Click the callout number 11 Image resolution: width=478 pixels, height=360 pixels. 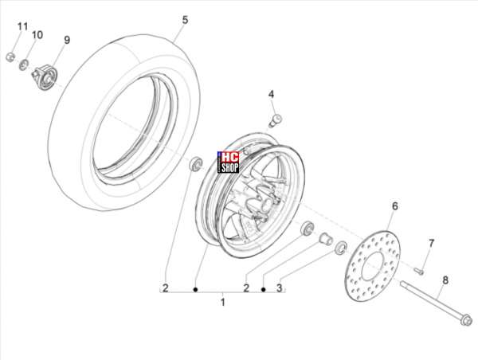click(x=22, y=27)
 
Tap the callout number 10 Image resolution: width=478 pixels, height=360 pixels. click(x=37, y=35)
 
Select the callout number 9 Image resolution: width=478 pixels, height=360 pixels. click(x=67, y=40)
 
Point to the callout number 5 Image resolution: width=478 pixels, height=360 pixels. click(x=185, y=21)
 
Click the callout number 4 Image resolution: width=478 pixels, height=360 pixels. click(x=271, y=95)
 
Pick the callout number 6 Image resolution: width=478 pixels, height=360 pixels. click(x=395, y=206)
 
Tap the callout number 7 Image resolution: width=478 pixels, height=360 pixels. click(x=431, y=244)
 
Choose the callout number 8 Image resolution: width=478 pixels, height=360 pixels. click(x=445, y=280)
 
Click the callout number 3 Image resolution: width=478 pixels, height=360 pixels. click(x=280, y=288)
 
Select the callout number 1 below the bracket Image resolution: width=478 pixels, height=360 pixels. click(x=223, y=303)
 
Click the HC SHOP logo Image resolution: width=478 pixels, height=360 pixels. click(x=228, y=162)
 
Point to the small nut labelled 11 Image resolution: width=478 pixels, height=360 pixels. click(x=10, y=57)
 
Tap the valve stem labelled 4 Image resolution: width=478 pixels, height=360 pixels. click(x=275, y=121)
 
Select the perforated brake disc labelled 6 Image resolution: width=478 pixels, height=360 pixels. click(x=373, y=266)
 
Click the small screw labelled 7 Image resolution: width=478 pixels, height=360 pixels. click(x=418, y=271)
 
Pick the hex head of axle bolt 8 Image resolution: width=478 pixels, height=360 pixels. click(x=466, y=320)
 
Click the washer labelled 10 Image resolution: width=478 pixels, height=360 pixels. click(x=24, y=65)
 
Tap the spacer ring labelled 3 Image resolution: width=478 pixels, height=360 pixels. click(x=341, y=248)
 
